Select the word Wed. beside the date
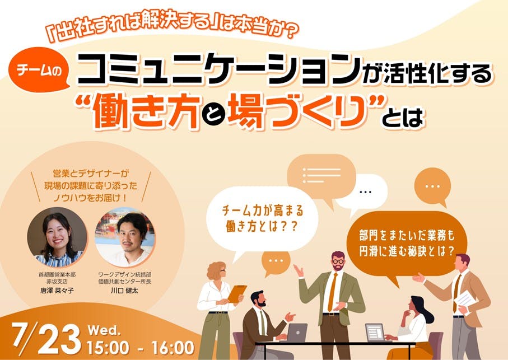pyautogui.click(x=104, y=330)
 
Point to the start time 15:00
pyautogui.click(x=108, y=348)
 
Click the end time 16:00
pyautogui.click(x=173, y=348)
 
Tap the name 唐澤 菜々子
pyautogui.click(x=57, y=291)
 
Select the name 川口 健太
pyautogui.click(x=125, y=291)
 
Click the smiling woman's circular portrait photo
pyautogui.click(x=57, y=237)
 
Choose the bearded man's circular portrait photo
pyautogui.click(x=125, y=237)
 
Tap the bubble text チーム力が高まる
pyautogui.click(x=263, y=211)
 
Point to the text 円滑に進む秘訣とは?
pyautogui.click(x=407, y=251)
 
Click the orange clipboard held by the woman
pyautogui.click(x=237, y=293)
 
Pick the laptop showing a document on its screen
pyautogui.click(x=375, y=332)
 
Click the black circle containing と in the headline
pyautogui.click(x=213, y=115)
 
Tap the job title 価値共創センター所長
pyautogui.click(x=125, y=281)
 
